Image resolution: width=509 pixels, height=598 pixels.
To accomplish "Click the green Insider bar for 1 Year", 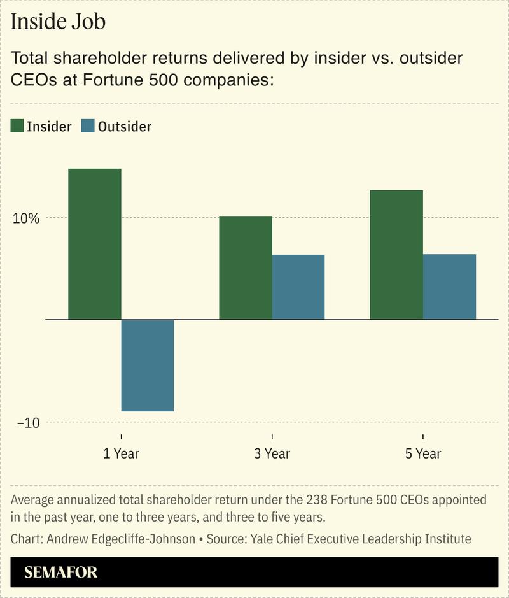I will (94, 243).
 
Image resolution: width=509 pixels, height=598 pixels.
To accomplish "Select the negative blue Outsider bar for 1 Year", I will (147, 365).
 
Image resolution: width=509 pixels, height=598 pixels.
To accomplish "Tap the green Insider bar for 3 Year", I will (245, 267).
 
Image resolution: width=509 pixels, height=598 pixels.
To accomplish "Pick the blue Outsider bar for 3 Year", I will (298, 287).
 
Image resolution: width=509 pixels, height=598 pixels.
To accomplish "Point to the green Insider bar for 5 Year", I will (396, 255).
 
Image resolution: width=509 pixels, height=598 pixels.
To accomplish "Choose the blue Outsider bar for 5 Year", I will (449, 287).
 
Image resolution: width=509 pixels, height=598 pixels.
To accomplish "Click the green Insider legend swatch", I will (17, 126).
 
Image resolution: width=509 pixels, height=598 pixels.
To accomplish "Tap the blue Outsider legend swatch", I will (88, 126).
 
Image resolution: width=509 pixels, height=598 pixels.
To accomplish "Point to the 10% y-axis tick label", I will (27, 218).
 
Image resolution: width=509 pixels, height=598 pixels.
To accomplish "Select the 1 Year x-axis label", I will (121, 453).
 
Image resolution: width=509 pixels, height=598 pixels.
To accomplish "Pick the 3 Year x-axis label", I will (272, 453).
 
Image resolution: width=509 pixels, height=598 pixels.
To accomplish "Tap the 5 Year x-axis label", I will (423, 453).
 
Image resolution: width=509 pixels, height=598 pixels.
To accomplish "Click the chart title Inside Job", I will (58, 22).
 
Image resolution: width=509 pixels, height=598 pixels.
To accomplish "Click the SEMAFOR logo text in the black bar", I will (61, 572).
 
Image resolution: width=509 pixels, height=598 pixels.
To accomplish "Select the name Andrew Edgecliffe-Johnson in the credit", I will (119, 539).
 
